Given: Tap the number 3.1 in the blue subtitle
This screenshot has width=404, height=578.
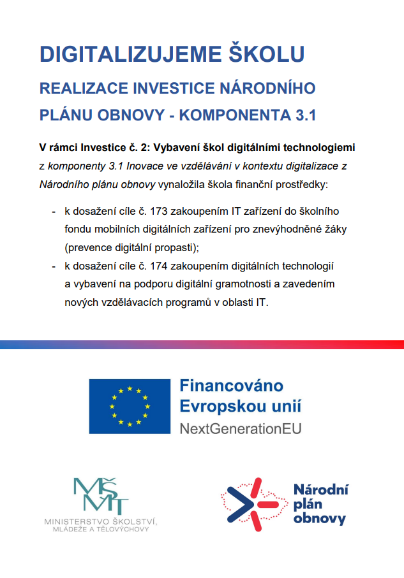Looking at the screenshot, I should click(x=301, y=115).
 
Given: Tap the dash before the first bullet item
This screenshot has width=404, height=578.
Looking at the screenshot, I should click(x=54, y=210).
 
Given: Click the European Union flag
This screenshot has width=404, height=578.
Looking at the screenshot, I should click(x=130, y=406).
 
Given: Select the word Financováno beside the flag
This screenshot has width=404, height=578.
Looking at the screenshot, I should click(x=231, y=386).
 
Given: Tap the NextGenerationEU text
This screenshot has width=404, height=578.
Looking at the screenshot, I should click(x=241, y=428).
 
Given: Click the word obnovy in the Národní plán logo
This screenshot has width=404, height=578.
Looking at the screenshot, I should click(x=320, y=518).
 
